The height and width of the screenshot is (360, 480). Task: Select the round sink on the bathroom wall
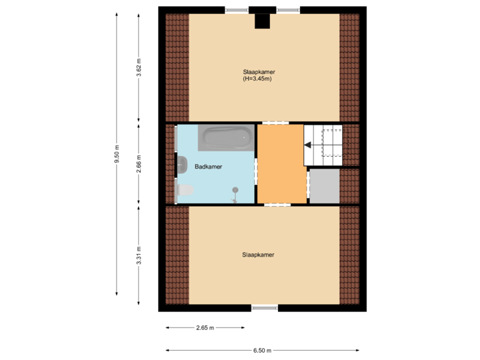(x=181, y=161)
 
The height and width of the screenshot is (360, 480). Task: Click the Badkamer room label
(x=208, y=167)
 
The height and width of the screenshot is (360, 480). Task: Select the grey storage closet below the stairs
(x=325, y=186)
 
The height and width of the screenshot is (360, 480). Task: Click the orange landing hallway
(x=281, y=163)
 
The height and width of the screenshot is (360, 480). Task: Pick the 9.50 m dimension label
(x=117, y=154)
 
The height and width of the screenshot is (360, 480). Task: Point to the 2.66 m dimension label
(x=139, y=164)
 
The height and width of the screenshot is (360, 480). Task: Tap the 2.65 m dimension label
(x=205, y=327)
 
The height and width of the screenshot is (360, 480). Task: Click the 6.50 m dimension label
(x=263, y=350)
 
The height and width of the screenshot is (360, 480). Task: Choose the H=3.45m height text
(x=257, y=79)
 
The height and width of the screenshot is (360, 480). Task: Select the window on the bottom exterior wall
(x=265, y=308)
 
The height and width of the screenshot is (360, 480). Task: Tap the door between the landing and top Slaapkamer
(x=275, y=123)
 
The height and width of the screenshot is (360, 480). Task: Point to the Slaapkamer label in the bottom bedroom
(x=259, y=254)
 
